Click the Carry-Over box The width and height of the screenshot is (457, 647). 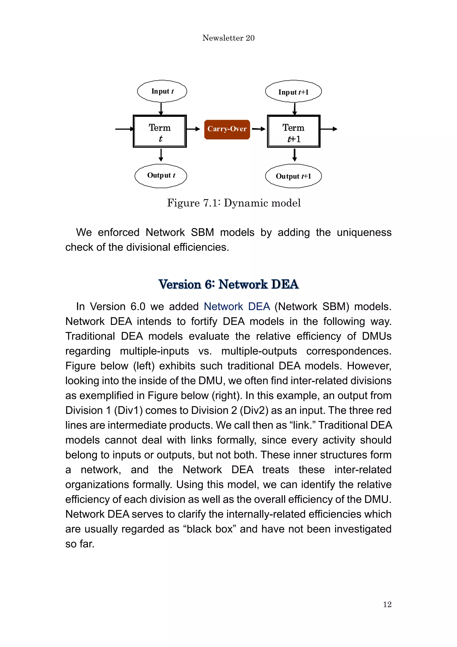(227, 129)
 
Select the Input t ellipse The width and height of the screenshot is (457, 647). (162, 91)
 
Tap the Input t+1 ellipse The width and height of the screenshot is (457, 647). (293, 92)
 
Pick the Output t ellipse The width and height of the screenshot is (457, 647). (161, 176)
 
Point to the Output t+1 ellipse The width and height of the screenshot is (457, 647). (293, 176)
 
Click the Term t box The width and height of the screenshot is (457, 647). (160, 131)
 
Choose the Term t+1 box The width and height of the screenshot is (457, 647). (294, 131)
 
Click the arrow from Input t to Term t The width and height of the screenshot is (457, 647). (161, 109)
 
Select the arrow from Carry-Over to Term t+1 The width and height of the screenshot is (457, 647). (258, 129)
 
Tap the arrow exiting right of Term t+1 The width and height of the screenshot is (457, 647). (329, 129)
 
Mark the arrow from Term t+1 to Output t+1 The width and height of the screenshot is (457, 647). (295, 155)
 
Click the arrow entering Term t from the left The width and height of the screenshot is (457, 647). (125, 129)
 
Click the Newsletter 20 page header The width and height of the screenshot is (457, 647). (228, 38)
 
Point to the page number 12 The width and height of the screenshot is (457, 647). (387, 604)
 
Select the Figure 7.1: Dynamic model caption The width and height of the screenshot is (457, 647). (234, 203)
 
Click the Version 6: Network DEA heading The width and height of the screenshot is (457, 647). (228, 284)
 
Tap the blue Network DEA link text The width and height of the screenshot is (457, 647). (237, 307)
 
